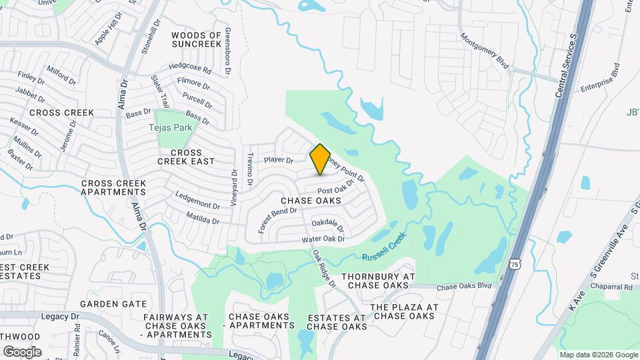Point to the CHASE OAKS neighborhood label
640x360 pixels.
[x=311, y=200]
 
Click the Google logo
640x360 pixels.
[x=22, y=351]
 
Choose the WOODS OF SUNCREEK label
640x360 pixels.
[x=196, y=39]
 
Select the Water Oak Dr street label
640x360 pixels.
[x=323, y=239]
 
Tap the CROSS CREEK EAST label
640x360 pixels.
[x=186, y=157]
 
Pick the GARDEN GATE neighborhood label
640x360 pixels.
[x=113, y=303]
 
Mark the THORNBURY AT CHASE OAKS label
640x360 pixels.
[x=378, y=281]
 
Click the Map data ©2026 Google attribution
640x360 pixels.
[x=598, y=355]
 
